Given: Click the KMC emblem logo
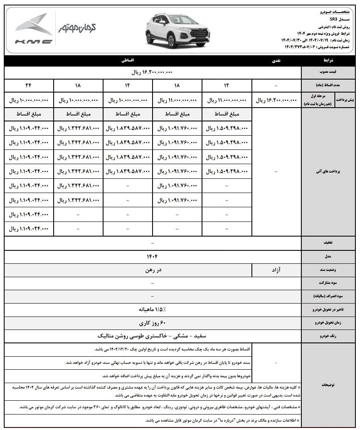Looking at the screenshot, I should coord(34,29).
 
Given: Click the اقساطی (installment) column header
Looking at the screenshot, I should coord(127,61).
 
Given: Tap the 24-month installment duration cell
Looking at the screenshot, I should coord(29,85).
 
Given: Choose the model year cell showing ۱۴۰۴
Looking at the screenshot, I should coord(152,256).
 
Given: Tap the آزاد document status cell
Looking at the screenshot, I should coord(277,270).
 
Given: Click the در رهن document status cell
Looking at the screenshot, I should coord(152,270).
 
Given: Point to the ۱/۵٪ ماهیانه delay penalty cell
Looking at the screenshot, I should coord(152,310).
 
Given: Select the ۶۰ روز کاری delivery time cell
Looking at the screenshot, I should coord(152,323).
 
